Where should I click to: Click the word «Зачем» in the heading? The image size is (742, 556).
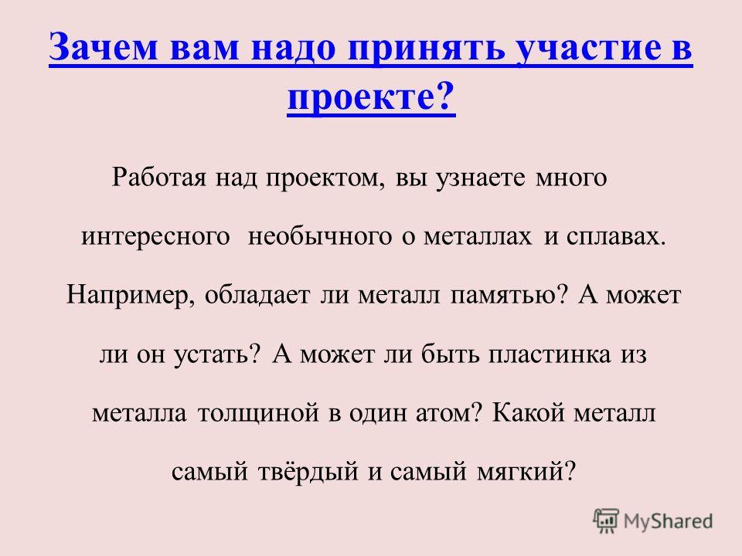(103, 47)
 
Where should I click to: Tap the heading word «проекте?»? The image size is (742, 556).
(371, 99)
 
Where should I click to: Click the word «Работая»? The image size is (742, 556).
(159, 178)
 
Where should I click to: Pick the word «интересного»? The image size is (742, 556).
(155, 236)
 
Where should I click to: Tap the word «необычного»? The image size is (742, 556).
(320, 236)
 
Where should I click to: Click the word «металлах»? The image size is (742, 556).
(478, 236)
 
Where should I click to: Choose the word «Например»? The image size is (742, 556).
(130, 296)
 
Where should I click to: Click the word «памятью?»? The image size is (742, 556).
(509, 296)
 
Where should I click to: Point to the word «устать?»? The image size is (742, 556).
(218, 354)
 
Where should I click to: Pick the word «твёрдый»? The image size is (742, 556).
(308, 471)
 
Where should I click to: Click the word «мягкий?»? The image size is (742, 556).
(526, 471)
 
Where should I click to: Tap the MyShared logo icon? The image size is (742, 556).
(606, 521)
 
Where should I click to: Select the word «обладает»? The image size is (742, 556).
(257, 296)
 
